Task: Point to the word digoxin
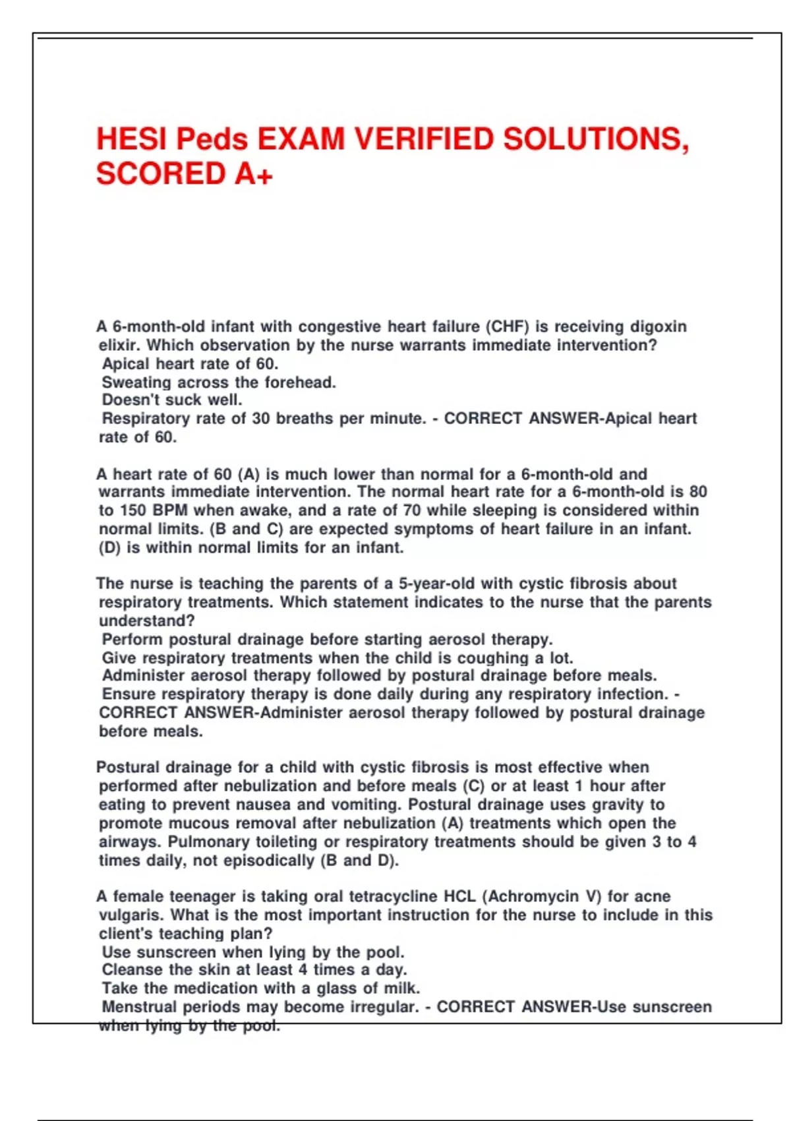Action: (x=659, y=326)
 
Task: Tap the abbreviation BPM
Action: (x=170, y=510)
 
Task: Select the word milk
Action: (x=401, y=988)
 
